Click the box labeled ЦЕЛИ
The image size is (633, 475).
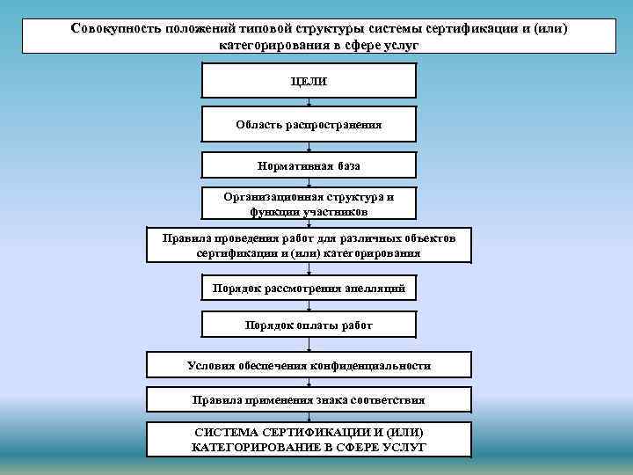(309, 82)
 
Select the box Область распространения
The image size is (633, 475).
(309, 125)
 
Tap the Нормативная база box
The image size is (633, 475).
(309, 165)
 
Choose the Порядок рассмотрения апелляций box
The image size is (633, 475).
(309, 289)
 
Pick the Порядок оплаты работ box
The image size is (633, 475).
(309, 325)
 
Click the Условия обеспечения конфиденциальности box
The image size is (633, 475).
(309, 365)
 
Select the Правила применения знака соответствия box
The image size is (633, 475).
(309, 400)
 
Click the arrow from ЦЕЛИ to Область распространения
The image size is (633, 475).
(309, 102)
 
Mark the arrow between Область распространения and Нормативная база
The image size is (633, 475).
(309, 148)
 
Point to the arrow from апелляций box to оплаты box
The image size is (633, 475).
(309, 306)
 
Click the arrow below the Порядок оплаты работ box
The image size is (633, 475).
(309, 346)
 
